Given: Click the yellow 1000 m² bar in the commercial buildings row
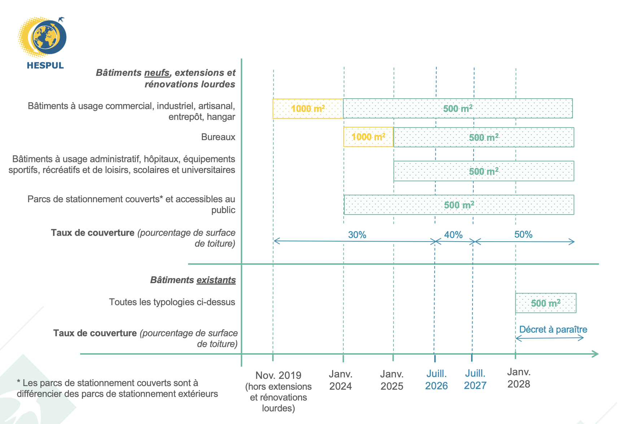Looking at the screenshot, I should coord(308,108).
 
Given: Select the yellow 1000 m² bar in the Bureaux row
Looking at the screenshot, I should coord(368,137).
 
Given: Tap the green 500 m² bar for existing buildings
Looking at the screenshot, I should coord(545,303).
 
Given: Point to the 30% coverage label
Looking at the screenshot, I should coord(357,235).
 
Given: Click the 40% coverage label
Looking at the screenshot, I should coord(453,235).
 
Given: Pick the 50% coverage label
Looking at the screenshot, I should coord(523,234).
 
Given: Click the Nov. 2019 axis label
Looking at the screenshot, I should coord(278,376).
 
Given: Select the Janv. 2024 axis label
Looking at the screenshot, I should coord(340,380).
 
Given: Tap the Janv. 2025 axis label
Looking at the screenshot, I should coord(392,380).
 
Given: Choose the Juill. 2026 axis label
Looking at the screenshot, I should coord(436,380).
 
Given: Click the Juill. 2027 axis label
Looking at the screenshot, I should coord(475,380).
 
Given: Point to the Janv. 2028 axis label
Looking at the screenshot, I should coord(519,378).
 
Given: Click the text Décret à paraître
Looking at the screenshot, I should coord(553,329).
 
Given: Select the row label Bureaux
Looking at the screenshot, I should coord(218,137).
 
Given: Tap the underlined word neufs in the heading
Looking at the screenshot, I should coord(157,73).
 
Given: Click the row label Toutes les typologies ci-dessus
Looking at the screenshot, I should coord(172,302).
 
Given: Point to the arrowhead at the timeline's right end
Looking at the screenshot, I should coord(596,354).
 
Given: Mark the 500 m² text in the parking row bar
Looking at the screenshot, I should coord(459,205).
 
